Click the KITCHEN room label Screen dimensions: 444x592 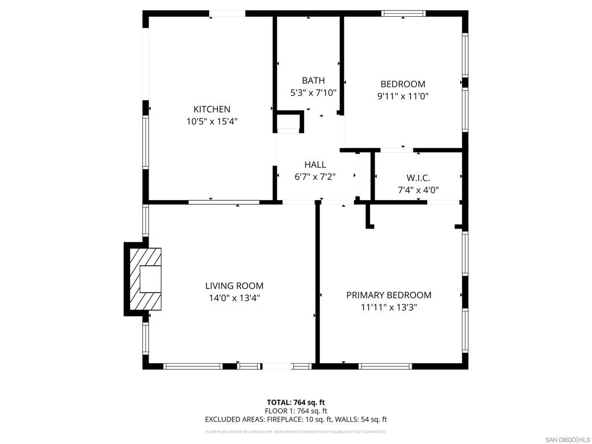pyautogui.click(x=212, y=109)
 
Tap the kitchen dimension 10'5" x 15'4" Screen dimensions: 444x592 pyautogui.click(x=212, y=121)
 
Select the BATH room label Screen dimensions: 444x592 pyautogui.click(x=313, y=80)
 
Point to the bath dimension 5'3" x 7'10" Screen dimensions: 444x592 pyautogui.click(x=313, y=92)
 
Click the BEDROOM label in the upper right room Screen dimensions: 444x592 pyautogui.click(x=402, y=84)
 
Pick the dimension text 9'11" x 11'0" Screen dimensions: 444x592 pyautogui.click(x=402, y=97)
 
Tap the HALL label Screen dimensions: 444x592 pyautogui.click(x=315, y=165)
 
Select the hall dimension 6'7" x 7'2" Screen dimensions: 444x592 pyautogui.click(x=315, y=177)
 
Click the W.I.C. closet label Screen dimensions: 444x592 pyautogui.click(x=418, y=178)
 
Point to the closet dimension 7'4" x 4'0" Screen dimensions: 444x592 pyautogui.click(x=418, y=190)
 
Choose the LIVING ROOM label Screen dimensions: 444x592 pyautogui.click(x=234, y=286)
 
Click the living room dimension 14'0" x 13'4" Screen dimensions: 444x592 pyautogui.click(x=234, y=298)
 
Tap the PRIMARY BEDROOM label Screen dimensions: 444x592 pyautogui.click(x=388, y=295)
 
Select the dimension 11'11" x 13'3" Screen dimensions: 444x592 pyautogui.click(x=388, y=308)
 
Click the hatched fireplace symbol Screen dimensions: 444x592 pyautogui.click(x=145, y=279)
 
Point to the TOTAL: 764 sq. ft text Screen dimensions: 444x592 pyautogui.click(x=295, y=402)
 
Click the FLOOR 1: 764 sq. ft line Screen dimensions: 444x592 pyautogui.click(x=295, y=411)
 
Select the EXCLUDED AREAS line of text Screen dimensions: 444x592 pyautogui.click(x=295, y=420)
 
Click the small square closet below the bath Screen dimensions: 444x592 pyautogui.click(x=288, y=122)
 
